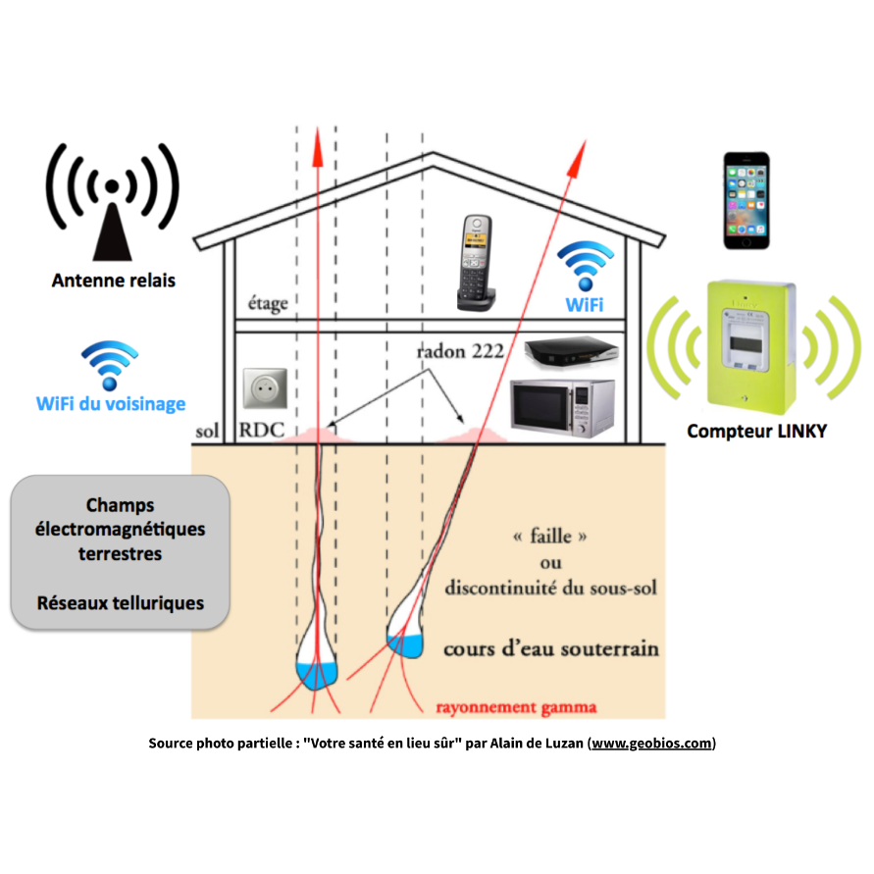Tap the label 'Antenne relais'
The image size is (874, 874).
(114, 281)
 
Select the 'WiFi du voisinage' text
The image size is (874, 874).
(111, 403)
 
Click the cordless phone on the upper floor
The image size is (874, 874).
(477, 263)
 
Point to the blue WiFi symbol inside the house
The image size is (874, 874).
(586, 266)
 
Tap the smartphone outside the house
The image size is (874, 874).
(746, 201)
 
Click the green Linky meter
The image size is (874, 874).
(750, 347)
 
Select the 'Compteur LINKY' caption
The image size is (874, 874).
(757, 431)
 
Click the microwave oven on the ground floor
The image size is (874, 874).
(563, 407)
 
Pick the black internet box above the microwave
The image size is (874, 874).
(572, 352)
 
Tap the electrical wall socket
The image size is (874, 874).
(265, 387)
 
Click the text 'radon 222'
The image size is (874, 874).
(460, 351)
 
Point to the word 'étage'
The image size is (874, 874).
(268, 304)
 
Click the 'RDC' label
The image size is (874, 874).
(262, 430)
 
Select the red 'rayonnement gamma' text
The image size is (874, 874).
(516, 707)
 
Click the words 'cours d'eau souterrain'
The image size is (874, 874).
(551, 648)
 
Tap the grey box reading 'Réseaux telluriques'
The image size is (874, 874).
(121, 552)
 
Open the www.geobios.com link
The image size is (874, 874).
(651, 743)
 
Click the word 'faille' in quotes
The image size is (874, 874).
(550, 537)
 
